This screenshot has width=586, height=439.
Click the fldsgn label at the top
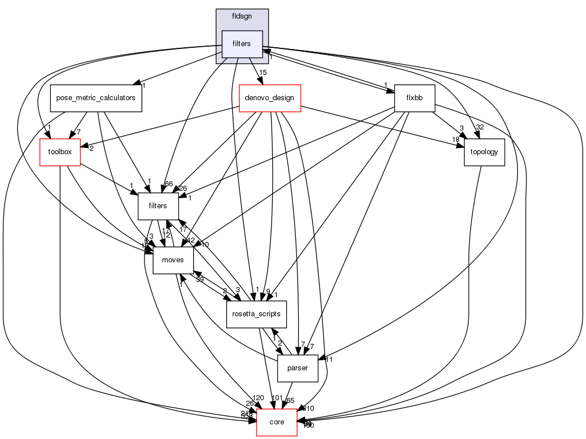(x=242, y=16)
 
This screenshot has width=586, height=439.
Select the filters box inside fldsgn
(x=242, y=44)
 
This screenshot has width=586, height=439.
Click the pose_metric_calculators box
(x=96, y=97)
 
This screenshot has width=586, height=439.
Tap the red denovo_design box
(x=271, y=98)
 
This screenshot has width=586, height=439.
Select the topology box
(x=484, y=152)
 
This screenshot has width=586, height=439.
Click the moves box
(x=173, y=260)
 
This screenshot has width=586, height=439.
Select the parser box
(x=298, y=369)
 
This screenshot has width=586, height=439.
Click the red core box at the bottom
(x=277, y=422)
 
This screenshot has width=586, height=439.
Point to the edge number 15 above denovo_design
(x=262, y=73)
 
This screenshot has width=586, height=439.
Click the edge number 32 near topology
(x=480, y=127)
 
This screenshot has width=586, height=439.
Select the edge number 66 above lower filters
(x=168, y=184)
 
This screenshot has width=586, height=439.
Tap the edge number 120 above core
(x=259, y=398)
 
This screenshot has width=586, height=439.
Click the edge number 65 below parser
(x=291, y=400)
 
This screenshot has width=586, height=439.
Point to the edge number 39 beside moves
(x=199, y=280)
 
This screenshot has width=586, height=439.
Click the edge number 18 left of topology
(x=456, y=139)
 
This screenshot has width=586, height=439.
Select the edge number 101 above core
(x=276, y=398)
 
